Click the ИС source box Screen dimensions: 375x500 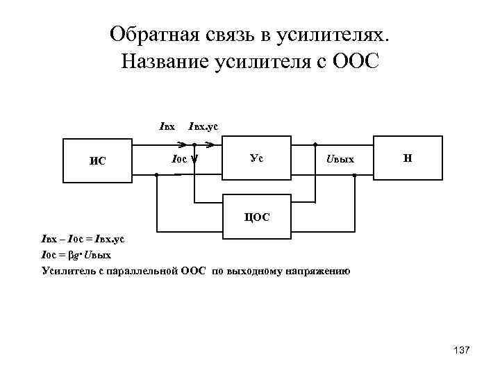(97, 161)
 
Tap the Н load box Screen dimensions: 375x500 (408, 159)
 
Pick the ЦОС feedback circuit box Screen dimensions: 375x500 (255, 217)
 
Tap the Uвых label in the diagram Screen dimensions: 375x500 (340, 160)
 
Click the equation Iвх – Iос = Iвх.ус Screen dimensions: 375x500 (83, 240)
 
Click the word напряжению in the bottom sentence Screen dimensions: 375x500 (318, 270)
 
